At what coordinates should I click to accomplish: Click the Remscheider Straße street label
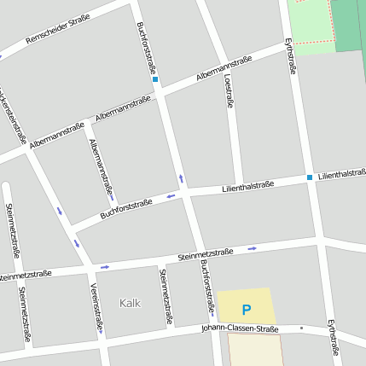tap(58, 29)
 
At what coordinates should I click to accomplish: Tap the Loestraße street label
tap(229, 91)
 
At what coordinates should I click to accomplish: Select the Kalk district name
tap(131, 303)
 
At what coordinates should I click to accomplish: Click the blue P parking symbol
tap(247, 310)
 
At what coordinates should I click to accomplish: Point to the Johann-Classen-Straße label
tap(240, 328)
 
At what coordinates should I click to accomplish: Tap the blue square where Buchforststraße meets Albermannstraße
tap(155, 79)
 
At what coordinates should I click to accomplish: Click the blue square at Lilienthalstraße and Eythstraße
tap(310, 177)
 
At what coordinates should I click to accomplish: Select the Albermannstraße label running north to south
tap(101, 166)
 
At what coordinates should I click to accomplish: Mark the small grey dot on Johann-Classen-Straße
tap(302, 327)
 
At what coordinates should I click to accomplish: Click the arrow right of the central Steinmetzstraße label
tap(252, 249)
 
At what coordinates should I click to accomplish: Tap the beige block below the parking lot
tap(254, 350)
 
